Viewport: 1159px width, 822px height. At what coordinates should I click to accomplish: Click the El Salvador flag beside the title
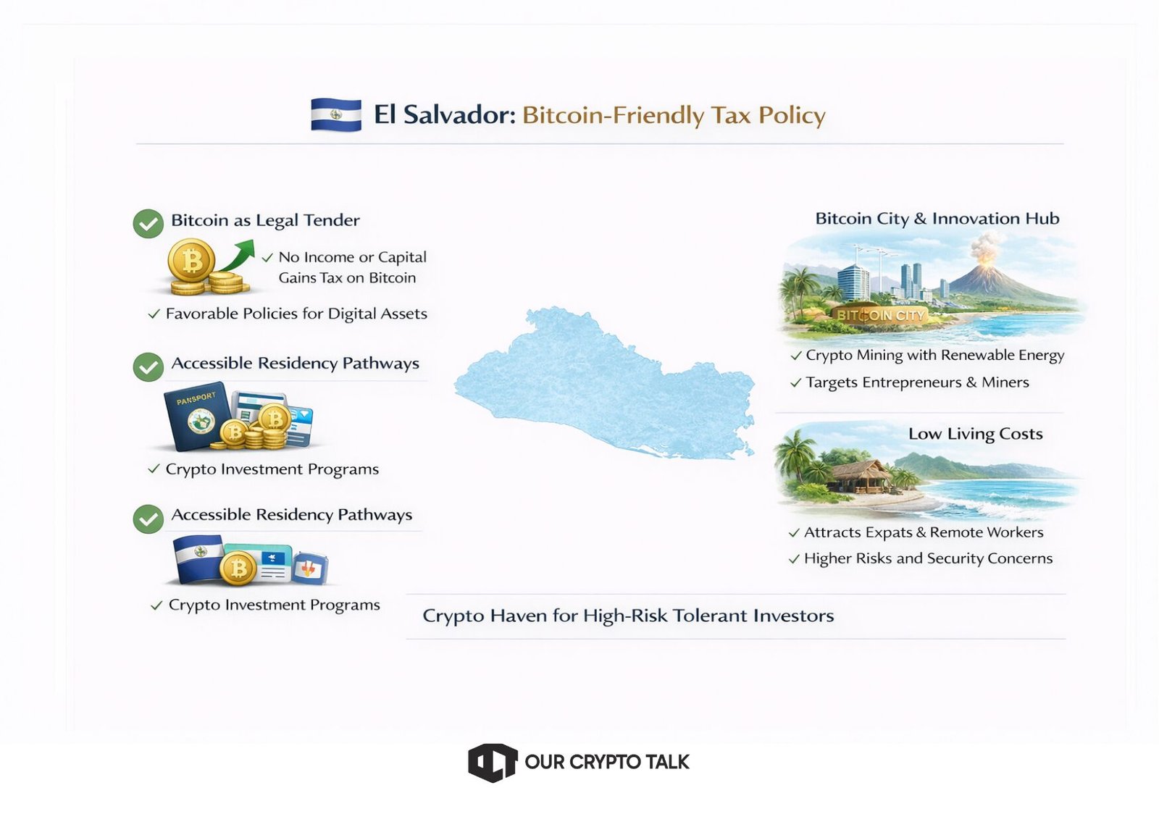[336, 114]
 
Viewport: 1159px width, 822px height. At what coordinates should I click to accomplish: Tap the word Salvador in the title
[459, 115]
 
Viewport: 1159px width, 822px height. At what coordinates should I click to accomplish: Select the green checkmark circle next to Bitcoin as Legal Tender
[148, 224]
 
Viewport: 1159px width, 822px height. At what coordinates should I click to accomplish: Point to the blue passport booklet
[197, 416]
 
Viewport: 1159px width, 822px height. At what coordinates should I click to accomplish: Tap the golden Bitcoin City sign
[880, 315]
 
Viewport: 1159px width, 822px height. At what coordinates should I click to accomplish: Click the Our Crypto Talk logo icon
[493, 763]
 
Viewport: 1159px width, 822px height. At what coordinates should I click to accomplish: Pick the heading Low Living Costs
[975, 434]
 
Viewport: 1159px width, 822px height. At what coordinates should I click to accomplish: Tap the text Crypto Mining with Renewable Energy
[934, 356]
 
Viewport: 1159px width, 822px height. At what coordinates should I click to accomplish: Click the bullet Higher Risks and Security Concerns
[928, 558]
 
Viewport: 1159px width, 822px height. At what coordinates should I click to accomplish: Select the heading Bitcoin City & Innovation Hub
[937, 219]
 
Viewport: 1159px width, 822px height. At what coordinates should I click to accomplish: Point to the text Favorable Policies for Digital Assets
[296, 314]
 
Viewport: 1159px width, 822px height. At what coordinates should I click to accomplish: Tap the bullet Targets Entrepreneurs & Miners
[917, 383]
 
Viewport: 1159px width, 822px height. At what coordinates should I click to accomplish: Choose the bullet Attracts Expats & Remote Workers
[924, 532]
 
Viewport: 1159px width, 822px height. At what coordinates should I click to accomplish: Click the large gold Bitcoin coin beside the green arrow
[191, 260]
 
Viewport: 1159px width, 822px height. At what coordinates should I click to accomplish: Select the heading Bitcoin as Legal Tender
[265, 220]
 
